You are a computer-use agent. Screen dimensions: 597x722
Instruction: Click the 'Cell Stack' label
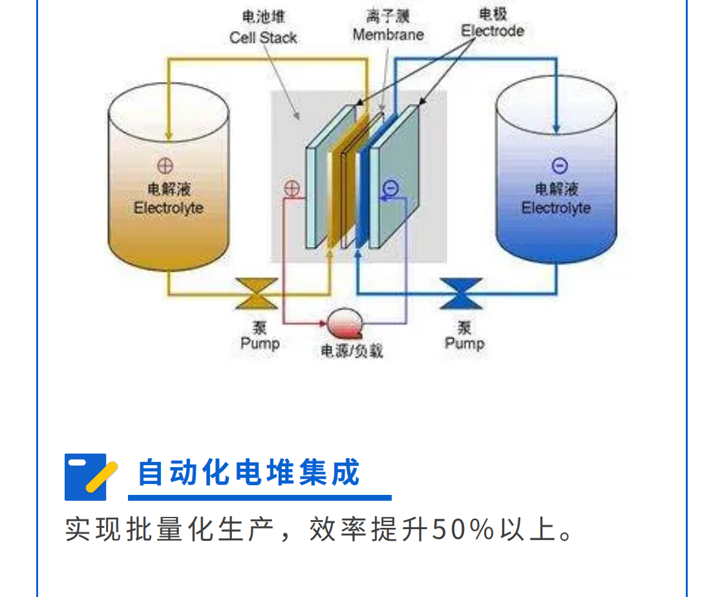point(262,37)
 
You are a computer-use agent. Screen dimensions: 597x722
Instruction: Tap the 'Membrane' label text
point(388,34)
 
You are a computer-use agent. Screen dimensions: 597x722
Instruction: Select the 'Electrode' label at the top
point(493,30)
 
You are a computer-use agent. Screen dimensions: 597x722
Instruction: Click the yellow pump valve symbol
point(257,293)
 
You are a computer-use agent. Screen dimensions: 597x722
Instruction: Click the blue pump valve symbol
point(461,293)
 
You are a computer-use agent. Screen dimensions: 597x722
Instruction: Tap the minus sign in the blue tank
point(559,165)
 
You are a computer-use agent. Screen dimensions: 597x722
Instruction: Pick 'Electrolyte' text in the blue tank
point(556,208)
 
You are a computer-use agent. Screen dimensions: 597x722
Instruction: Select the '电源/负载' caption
point(352,351)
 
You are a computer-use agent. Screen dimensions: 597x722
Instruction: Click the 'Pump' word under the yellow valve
point(260,343)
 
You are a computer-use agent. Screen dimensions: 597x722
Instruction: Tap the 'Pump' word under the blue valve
point(464,343)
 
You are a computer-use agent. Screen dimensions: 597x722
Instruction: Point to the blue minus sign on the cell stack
point(390,188)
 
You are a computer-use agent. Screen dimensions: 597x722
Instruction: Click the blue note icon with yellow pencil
point(89,477)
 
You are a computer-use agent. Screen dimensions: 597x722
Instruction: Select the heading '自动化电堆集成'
point(249,472)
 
